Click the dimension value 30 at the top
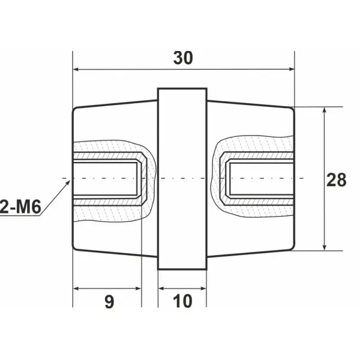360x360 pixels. pos(184,58)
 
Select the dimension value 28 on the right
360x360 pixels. pos(337,179)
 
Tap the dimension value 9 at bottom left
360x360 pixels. pos(109,301)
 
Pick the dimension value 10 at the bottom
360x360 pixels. pos(182,301)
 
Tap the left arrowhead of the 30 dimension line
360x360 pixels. pos(76,70)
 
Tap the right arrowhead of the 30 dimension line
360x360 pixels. pos(292,70)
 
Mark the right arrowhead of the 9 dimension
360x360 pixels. pos(138,288)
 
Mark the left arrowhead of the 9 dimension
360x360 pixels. pos(76,288)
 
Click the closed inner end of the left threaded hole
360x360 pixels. pos(142,179)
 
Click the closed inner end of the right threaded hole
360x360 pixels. pos(227,179)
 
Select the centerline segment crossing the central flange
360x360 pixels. pos(182,179)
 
